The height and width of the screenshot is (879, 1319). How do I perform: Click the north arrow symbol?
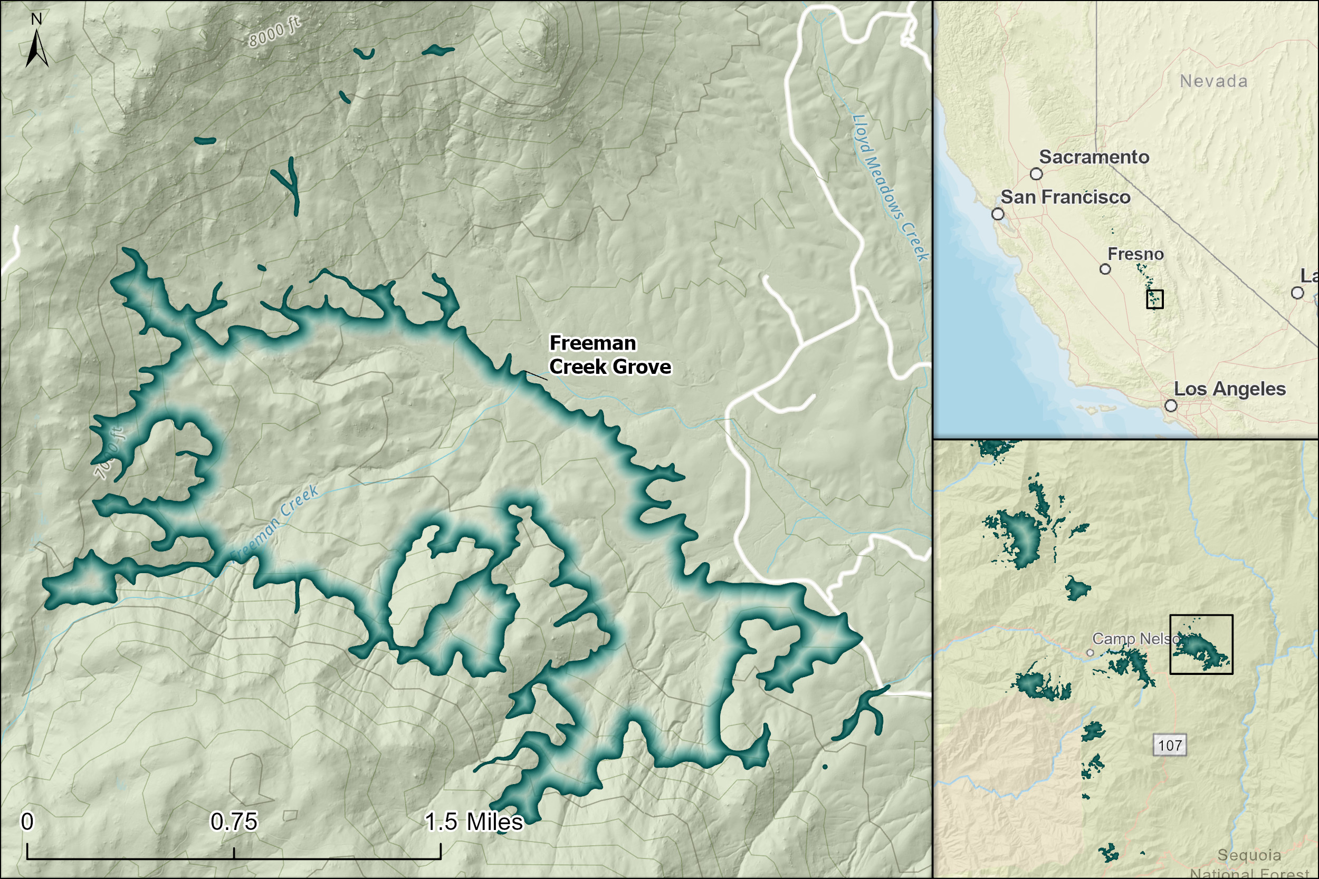coord(36,47)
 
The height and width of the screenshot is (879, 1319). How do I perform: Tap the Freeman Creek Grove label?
coord(609,355)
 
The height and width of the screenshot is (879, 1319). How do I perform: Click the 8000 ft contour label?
coord(274,33)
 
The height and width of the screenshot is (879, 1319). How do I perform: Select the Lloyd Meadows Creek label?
coord(890,188)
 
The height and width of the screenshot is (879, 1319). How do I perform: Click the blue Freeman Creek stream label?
coord(275,524)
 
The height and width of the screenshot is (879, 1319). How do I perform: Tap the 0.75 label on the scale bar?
coord(233,822)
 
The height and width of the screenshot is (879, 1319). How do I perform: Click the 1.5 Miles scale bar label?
coord(473,822)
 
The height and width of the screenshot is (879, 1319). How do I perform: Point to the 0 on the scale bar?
coord(27,822)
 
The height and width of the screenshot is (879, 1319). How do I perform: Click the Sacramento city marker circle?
coord(1036,174)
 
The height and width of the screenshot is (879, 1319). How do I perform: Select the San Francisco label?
coord(1065,197)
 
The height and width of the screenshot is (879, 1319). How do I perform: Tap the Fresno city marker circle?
coord(1105,269)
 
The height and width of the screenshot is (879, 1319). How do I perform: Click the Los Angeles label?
coord(1229,389)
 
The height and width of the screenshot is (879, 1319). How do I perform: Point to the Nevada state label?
coord(1213,81)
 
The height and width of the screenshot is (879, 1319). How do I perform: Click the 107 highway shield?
coord(1170,746)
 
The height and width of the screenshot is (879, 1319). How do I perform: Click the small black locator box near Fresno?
coord(1155,299)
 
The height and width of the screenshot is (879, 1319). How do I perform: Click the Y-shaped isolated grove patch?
coord(289,184)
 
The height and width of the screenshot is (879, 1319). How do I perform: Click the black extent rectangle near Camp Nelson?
coord(1201,644)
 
